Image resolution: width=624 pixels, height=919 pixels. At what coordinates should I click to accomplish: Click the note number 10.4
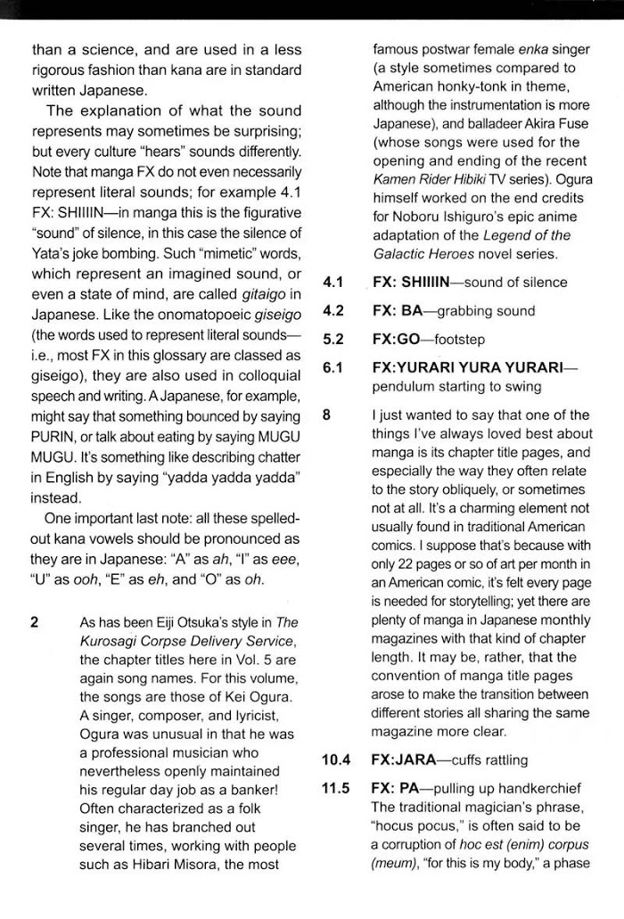click(336, 760)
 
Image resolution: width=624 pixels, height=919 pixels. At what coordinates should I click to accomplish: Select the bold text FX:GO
click(398, 340)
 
